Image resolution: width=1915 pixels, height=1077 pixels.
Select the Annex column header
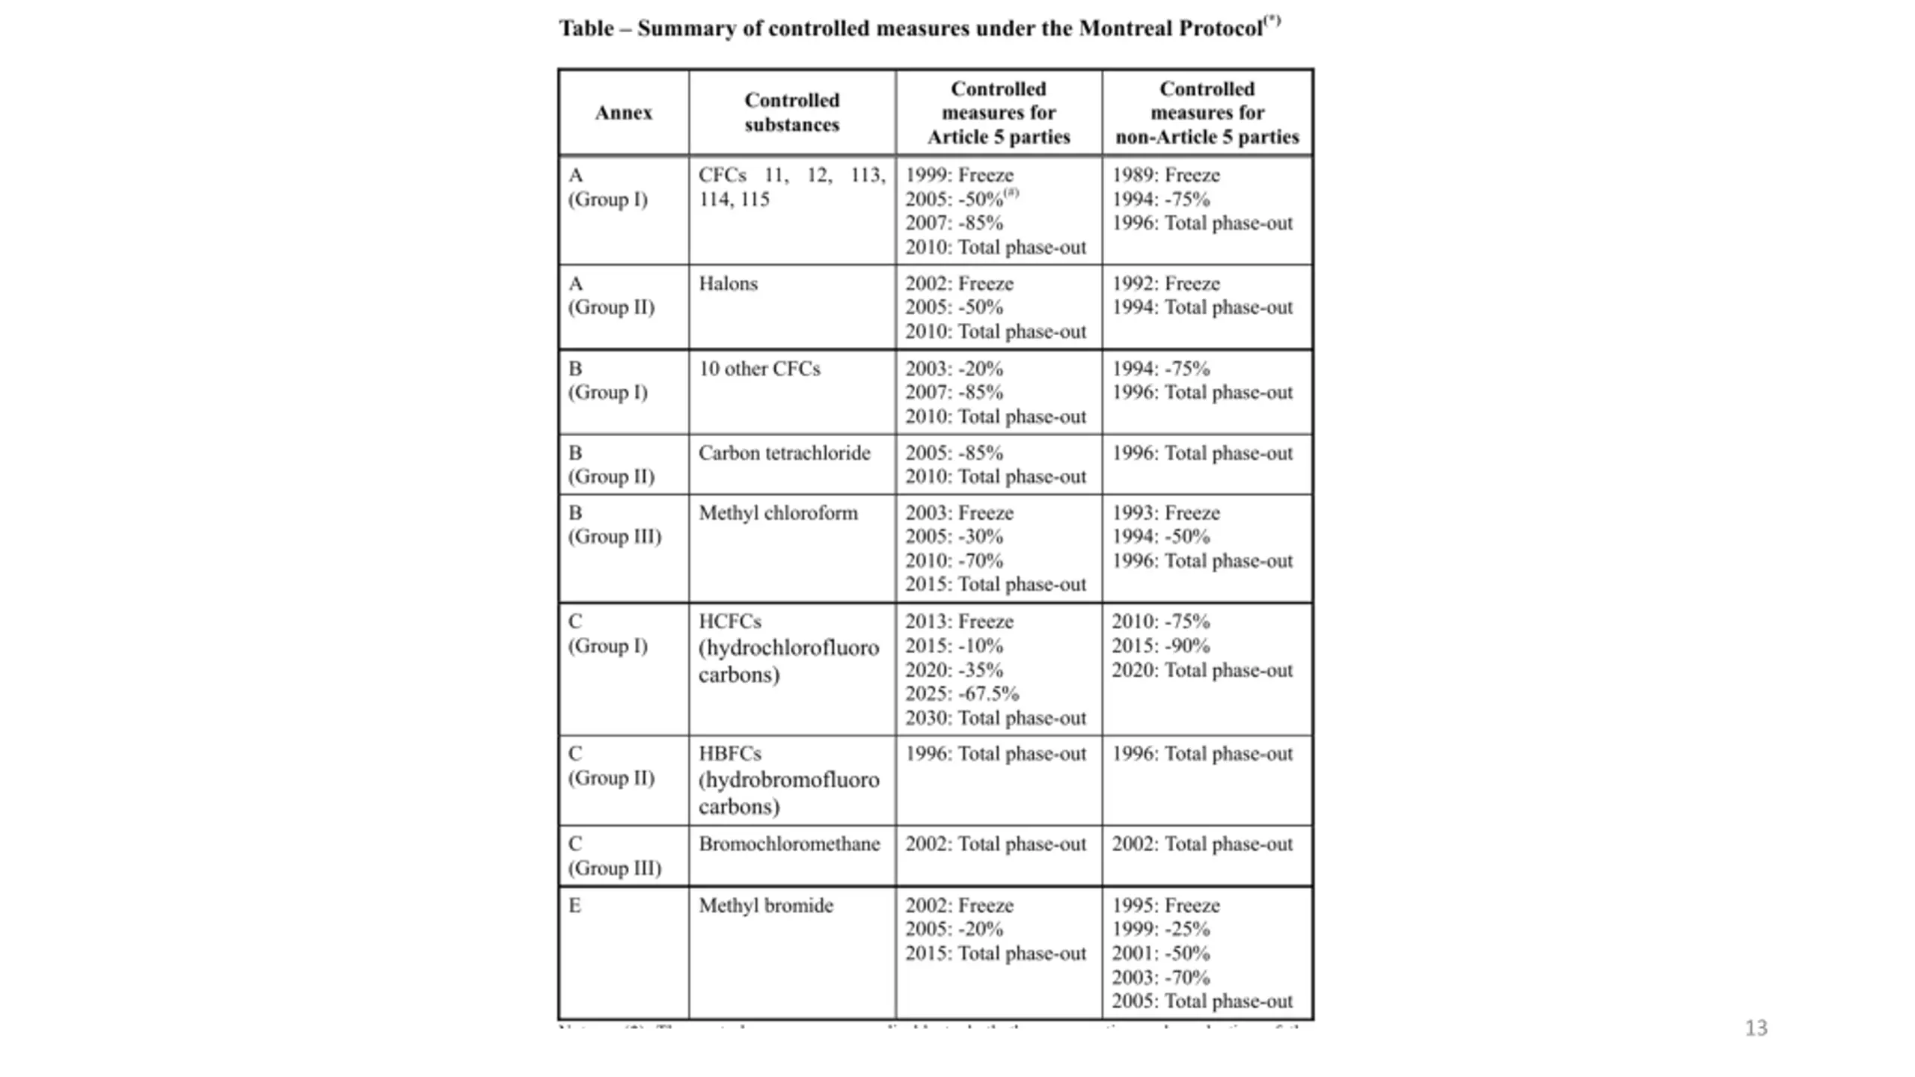(x=623, y=113)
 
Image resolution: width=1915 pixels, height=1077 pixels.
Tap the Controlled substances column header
(x=791, y=113)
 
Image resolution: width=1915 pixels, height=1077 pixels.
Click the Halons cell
(x=728, y=284)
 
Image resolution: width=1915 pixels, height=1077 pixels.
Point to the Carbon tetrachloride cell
(x=784, y=453)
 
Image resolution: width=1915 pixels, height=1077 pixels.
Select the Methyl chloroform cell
(x=778, y=513)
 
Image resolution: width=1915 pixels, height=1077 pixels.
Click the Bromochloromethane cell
(x=788, y=844)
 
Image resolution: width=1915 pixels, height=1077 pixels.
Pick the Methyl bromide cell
(x=765, y=906)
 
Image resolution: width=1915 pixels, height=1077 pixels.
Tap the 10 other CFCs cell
(x=759, y=369)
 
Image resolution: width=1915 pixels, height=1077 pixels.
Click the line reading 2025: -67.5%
(x=961, y=694)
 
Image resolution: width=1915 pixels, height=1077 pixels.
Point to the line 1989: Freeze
(x=1165, y=175)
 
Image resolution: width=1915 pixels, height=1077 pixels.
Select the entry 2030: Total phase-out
(x=995, y=719)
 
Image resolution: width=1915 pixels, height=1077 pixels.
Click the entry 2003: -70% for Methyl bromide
(x=1160, y=978)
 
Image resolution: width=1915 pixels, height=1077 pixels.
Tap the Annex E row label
(x=574, y=906)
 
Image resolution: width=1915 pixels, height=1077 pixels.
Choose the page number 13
(x=1756, y=1028)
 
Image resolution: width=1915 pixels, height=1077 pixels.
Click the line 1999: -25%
(x=1160, y=930)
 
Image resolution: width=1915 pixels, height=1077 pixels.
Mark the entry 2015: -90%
(x=1160, y=646)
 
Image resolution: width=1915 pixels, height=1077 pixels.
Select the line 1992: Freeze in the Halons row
(x=1165, y=284)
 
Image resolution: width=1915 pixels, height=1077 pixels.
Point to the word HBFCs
(x=729, y=754)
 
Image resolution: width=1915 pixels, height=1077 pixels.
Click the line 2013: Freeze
(x=959, y=622)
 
